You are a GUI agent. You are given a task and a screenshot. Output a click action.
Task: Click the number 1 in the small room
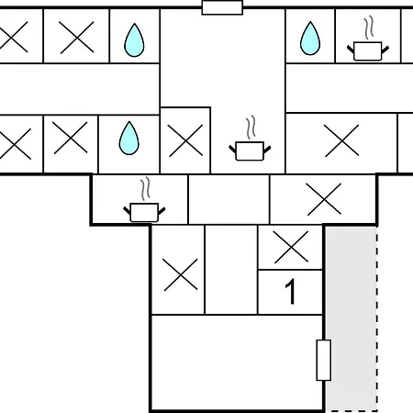tap(290, 292)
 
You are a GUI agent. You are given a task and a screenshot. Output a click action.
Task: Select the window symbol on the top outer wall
tap(222, 7)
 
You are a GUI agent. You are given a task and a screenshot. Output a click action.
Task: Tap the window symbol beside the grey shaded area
tap(324, 360)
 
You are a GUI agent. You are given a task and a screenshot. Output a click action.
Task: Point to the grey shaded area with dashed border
tap(352, 318)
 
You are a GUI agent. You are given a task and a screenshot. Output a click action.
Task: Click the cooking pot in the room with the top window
tap(250, 151)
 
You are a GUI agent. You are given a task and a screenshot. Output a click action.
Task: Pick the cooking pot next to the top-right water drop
tap(368, 51)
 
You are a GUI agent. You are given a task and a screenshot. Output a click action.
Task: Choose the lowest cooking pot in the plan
tap(144, 212)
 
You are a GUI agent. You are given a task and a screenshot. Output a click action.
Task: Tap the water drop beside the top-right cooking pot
tap(310, 39)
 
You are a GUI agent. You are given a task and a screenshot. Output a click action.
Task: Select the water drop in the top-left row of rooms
tap(134, 40)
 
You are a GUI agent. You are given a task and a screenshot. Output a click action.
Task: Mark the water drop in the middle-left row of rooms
tap(128, 138)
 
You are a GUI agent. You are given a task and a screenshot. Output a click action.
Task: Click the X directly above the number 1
tap(291, 247)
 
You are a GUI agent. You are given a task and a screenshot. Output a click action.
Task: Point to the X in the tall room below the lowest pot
tap(181, 274)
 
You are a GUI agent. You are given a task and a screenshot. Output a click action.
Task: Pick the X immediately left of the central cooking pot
tap(185, 140)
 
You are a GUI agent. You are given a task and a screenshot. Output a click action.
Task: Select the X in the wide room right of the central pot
tap(341, 140)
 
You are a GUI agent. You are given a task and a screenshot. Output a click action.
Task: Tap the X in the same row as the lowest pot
tap(324, 199)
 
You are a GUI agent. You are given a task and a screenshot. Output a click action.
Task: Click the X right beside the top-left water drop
tap(76, 38)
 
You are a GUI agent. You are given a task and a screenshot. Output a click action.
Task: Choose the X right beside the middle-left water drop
tap(71, 138)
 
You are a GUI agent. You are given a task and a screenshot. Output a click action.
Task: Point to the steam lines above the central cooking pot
tap(251, 128)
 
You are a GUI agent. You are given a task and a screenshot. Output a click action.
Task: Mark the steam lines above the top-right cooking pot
tap(369, 28)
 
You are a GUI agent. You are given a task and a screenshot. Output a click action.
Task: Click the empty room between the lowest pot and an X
tap(229, 199)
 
